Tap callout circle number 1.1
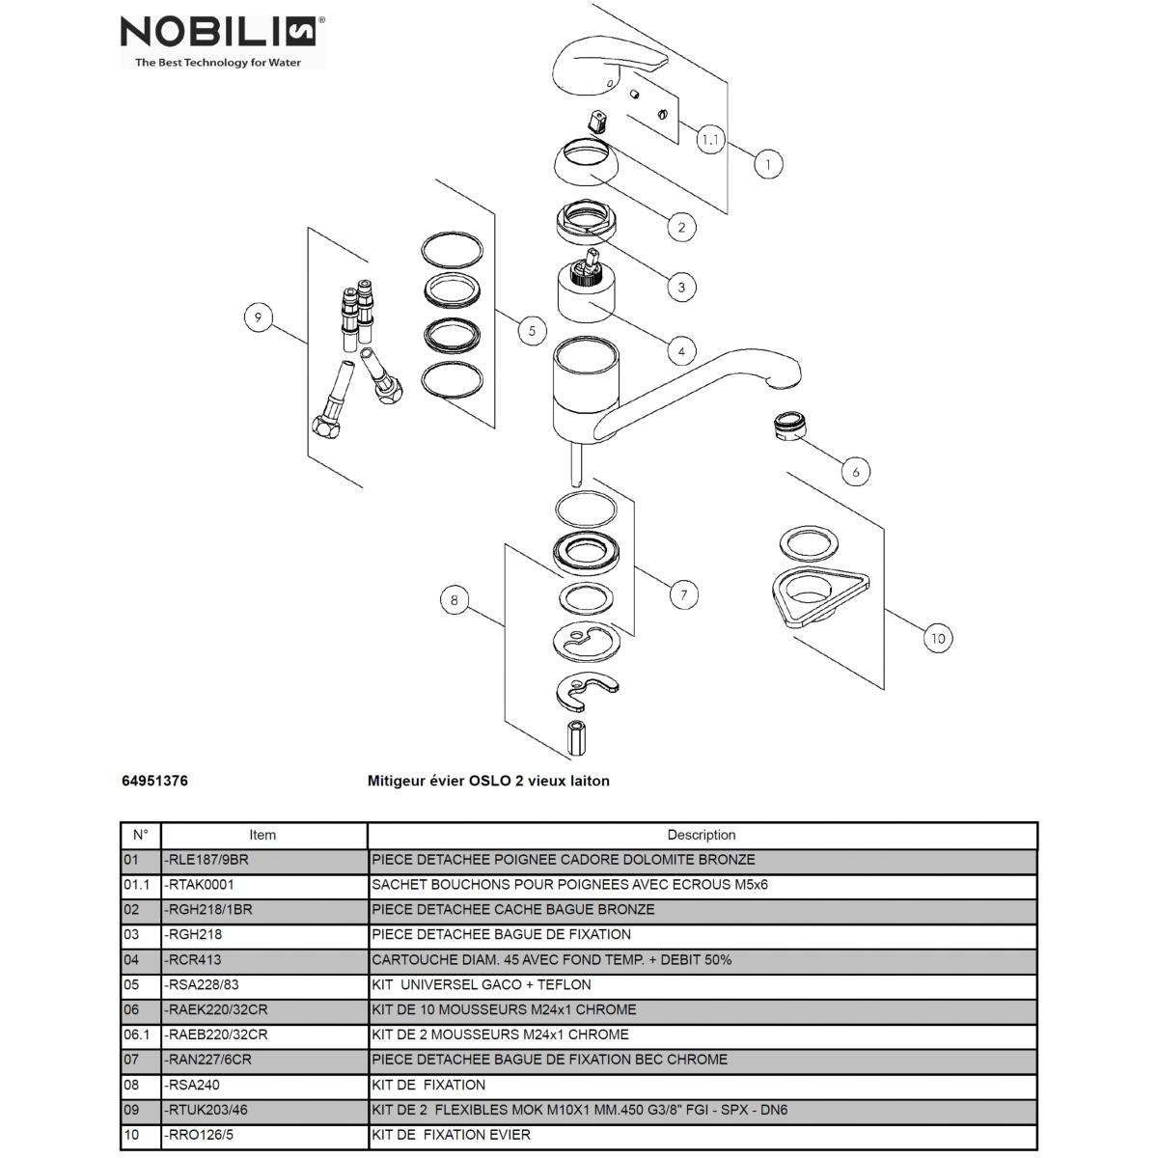(710, 140)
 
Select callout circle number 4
(681, 351)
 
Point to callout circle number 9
(259, 317)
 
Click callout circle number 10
(937, 637)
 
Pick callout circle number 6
(855, 471)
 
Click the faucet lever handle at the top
(608, 63)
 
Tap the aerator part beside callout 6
(789, 425)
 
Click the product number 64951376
(154, 781)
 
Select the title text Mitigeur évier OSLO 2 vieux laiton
(488, 781)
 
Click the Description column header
(701, 835)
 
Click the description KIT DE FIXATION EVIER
(451, 1135)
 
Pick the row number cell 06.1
(137, 1034)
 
